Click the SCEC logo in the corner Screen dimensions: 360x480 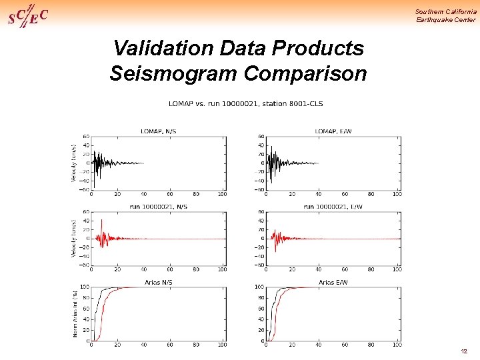27,15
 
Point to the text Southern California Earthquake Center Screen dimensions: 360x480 445,15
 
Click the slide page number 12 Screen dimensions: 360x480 464,351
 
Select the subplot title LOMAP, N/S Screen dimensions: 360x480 159,131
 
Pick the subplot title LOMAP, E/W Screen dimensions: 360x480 333,131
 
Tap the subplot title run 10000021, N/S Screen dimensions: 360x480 159,207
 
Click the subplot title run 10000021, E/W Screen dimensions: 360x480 333,207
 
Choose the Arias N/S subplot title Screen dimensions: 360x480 159,283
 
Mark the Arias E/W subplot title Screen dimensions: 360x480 333,283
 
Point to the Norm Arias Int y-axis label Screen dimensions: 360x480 75,313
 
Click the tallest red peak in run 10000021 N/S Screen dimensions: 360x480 101,220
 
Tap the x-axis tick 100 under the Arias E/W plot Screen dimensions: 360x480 397,345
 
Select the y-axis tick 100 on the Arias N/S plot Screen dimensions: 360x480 85,287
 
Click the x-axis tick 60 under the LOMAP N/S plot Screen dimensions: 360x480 170,194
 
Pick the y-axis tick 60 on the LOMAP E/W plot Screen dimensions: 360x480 261,137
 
